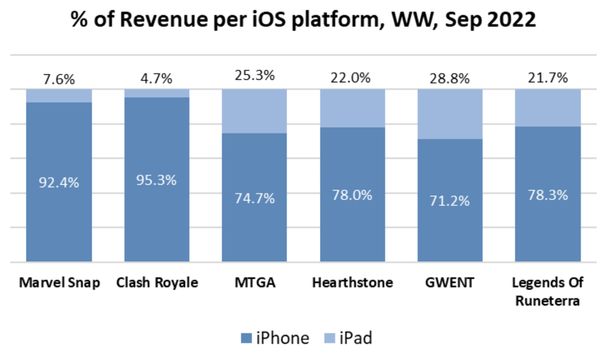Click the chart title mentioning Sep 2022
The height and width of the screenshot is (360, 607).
pyautogui.click(x=303, y=19)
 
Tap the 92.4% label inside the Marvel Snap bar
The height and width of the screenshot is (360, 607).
pyautogui.click(x=59, y=182)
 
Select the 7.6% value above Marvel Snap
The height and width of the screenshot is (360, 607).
pyautogui.click(x=59, y=79)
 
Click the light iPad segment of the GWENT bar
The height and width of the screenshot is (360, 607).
pyautogui.click(x=450, y=114)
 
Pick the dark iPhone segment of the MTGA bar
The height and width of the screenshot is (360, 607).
pyautogui.click(x=254, y=197)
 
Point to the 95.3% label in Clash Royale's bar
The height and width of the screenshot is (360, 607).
pyautogui.click(x=157, y=180)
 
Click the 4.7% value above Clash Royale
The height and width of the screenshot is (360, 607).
pyautogui.click(x=157, y=78)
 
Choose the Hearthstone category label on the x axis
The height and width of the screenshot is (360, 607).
pyautogui.click(x=352, y=283)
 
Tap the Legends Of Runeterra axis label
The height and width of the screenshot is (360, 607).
pyautogui.click(x=548, y=291)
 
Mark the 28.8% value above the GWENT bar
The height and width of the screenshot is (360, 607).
pyautogui.click(x=450, y=77)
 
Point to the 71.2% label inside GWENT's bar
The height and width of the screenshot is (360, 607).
pyautogui.click(x=450, y=201)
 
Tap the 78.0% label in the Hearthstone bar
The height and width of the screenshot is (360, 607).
pyautogui.click(x=352, y=195)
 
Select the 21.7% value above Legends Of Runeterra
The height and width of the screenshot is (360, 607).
pyautogui.click(x=548, y=77)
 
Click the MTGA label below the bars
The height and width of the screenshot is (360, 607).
pyautogui.click(x=254, y=283)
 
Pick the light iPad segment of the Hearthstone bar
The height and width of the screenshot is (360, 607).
pyautogui.click(x=352, y=108)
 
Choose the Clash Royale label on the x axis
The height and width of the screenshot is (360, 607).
pyautogui.click(x=157, y=283)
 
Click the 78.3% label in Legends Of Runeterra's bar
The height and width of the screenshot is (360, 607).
pyautogui.click(x=548, y=195)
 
